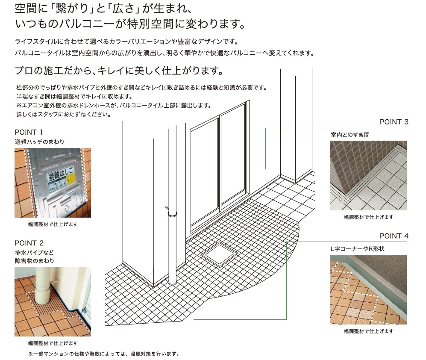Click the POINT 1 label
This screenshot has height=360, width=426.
[29, 133]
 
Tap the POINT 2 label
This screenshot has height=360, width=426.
[29, 243]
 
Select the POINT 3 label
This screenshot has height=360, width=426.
[394, 122]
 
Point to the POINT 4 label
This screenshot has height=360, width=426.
[394, 236]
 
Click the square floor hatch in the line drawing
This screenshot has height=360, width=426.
[219, 254]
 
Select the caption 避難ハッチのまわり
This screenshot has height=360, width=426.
[40, 142]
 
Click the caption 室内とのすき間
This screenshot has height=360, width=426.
[350, 135]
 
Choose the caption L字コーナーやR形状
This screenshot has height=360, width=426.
[357, 249]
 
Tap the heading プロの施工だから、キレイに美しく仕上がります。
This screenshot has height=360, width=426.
[119, 71]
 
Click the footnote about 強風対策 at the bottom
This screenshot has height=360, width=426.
[104, 354]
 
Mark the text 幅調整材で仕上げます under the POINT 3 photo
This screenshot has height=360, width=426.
[368, 217]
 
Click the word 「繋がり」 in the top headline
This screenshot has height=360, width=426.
[73, 9]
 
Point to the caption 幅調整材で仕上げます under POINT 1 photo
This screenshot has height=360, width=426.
[53, 224]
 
